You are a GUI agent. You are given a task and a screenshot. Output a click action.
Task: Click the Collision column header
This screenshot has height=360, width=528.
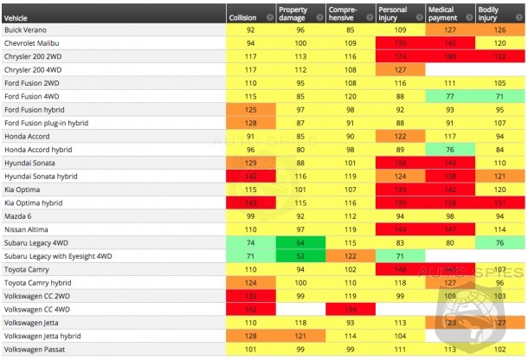coord(241,16)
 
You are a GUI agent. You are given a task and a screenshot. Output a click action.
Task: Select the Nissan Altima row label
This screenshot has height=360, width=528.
coord(25,229)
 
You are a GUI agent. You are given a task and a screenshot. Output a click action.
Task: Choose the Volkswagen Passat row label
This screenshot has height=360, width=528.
coord(34,350)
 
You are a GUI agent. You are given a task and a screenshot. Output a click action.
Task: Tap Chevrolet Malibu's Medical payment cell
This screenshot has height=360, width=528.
coord(451,42)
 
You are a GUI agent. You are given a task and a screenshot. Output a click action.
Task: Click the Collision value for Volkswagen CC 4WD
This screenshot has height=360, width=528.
coord(250,310)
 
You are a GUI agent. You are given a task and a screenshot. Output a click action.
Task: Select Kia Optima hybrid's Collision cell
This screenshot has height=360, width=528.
coord(250,202)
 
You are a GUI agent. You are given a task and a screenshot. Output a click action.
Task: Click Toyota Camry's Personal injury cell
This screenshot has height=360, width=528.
coord(401,270)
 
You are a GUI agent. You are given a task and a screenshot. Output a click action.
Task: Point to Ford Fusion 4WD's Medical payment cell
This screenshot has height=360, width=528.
coord(451,95)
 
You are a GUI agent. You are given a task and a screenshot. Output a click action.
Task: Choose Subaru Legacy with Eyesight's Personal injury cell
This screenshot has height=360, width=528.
coord(401,256)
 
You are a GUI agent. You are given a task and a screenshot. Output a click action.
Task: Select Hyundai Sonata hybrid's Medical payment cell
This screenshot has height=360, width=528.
coord(451,176)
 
